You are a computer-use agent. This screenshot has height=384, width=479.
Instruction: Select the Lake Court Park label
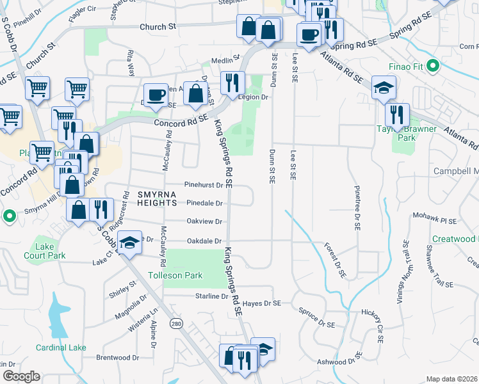51,250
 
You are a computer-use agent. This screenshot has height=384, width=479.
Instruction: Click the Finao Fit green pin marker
432,65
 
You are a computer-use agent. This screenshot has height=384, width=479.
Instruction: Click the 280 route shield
175,324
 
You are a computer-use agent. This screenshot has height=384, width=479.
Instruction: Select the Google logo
20,376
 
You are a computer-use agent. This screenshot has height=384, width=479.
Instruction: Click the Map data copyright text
452,379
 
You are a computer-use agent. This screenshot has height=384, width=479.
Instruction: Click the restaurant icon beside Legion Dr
232,83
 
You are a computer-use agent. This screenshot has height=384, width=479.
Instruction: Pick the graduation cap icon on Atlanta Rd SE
384,88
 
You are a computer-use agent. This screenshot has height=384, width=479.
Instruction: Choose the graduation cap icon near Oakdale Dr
129,243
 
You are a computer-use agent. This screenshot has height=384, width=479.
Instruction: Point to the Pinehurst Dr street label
203,185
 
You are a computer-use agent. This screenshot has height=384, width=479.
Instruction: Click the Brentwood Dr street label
117,358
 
